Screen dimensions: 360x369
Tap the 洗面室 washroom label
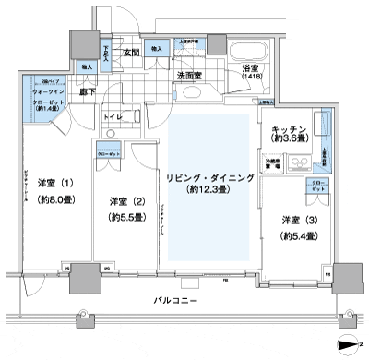[191, 76]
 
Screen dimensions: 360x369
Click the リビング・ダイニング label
[206, 178]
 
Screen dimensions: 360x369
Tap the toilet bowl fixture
[112, 134]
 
